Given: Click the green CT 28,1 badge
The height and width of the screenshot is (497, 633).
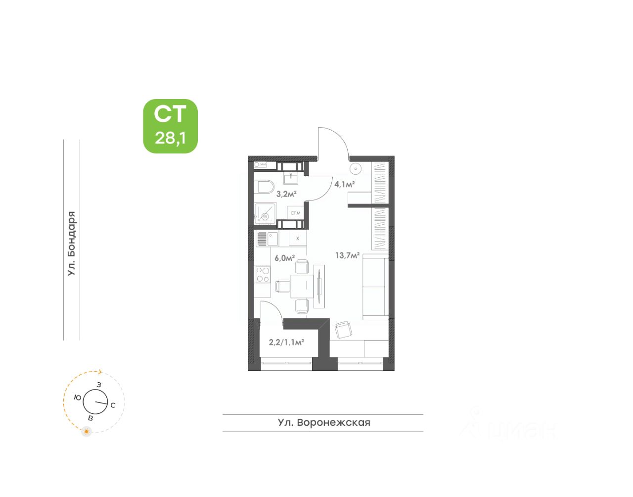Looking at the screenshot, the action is pyautogui.click(x=170, y=126).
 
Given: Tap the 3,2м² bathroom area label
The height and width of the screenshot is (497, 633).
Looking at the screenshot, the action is pyautogui.click(x=286, y=194).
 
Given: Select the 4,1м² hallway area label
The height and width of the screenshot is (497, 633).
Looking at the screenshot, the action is pyautogui.click(x=345, y=184).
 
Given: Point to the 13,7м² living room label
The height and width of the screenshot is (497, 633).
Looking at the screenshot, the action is pyautogui.click(x=347, y=255).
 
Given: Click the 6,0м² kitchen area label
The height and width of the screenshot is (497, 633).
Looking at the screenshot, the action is pyautogui.click(x=284, y=257).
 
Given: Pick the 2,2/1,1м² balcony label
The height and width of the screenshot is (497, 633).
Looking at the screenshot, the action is pyautogui.click(x=286, y=342).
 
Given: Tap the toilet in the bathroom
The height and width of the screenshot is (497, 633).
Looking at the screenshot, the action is pyautogui.click(x=266, y=187).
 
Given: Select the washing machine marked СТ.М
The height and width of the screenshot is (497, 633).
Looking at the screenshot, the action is pyautogui.click(x=295, y=213).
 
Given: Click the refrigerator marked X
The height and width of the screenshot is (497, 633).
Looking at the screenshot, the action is pyautogui.click(x=297, y=239).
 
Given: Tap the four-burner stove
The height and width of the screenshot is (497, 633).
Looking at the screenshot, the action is pyautogui.click(x=263, y=275).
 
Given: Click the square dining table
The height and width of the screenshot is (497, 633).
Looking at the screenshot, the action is pyautogui.click(x=302, y=286).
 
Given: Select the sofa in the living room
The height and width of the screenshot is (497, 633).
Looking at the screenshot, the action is pyautogui.click(x=375, y=287).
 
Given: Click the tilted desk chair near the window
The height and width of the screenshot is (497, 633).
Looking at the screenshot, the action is pyautogui.click(x=343, y=329).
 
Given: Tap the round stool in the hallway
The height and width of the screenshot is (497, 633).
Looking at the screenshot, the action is pyautogui.click(x=356, y=169).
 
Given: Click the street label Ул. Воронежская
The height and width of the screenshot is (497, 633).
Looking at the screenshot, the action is pyautogui.click(x=324, y=423).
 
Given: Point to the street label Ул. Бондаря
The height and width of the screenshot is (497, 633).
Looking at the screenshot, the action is pyautogui.click(x=72, y=244).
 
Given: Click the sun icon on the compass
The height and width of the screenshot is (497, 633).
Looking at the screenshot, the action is pyautogui.click(x=87, y=432).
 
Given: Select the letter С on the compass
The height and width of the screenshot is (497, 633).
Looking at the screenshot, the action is pyautogui.click(x=113, y=405).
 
